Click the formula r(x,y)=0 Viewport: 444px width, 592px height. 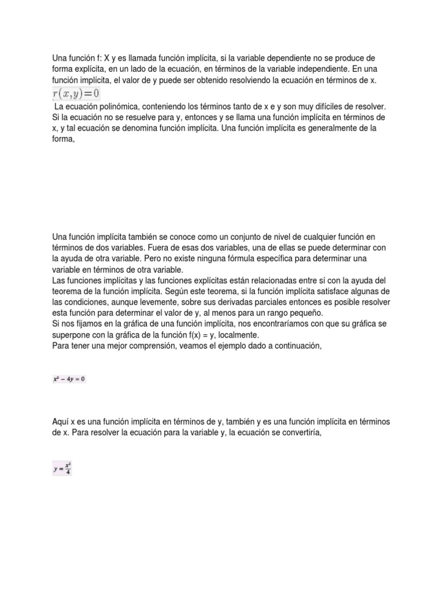click(76, 94)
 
